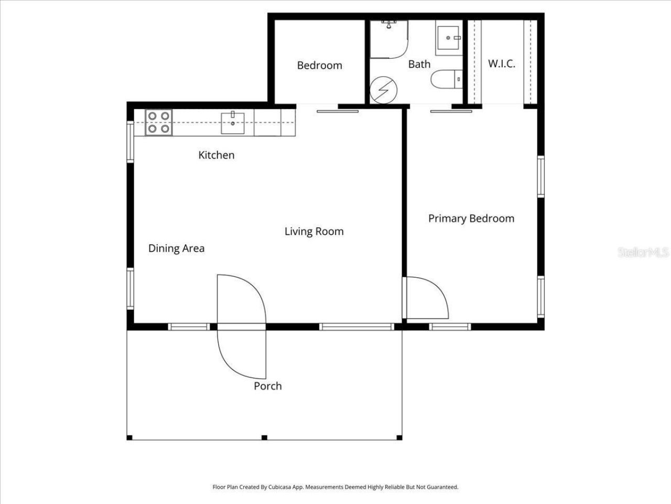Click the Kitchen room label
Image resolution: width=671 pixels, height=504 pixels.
216,155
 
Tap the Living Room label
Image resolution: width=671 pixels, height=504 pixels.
314,232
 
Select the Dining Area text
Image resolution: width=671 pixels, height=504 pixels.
176,248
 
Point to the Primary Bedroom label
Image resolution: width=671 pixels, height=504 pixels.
471,218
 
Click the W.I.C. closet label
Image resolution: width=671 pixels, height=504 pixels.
501,64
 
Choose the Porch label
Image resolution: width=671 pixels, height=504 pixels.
267,386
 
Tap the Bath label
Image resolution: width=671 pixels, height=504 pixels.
419,64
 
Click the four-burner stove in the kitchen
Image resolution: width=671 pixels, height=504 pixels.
158,122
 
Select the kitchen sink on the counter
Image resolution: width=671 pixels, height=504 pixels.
232,123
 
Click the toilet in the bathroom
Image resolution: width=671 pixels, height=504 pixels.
446,80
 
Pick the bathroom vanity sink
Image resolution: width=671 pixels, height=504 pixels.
448,37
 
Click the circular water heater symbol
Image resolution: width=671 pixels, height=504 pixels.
382,91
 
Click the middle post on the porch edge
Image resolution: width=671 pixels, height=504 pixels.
264,437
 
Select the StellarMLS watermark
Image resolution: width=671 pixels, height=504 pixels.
643,253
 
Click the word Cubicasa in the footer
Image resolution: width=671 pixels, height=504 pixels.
280,487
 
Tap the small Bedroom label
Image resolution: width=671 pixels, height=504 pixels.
319,66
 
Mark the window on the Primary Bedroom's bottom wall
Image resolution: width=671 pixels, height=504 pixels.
450,327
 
